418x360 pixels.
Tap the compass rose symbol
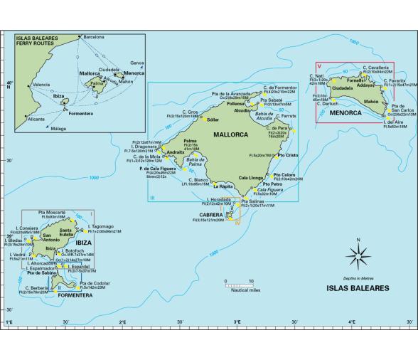pyautogui.click(x=359, y=253)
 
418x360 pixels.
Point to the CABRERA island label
pyautogui.click(x=212, y=214)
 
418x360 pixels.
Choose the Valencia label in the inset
pyautogui.click(x=41, y=84)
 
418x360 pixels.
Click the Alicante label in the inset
pyautogui.click(x=36, y=120)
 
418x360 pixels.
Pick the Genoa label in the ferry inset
pyautogui.click(x=137, y=63)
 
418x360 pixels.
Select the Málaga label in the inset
pyautogui.click(x=61, y=128)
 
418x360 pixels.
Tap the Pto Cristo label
pyautogui.click(x=288, y=155)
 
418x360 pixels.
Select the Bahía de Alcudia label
pyautogui.click(x=263, y=117)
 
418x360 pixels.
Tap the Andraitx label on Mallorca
pyautogui.click(x=175, y=153)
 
